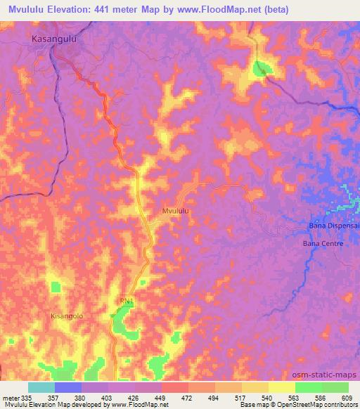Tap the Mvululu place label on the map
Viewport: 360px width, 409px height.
[176, 210]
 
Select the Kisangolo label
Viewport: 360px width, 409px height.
[67, 316]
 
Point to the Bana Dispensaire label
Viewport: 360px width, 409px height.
[334, 226]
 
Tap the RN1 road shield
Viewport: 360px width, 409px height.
[126, 301]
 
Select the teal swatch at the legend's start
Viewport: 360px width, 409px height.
[41, 387]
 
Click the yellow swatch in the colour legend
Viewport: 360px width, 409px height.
[281, 387]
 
